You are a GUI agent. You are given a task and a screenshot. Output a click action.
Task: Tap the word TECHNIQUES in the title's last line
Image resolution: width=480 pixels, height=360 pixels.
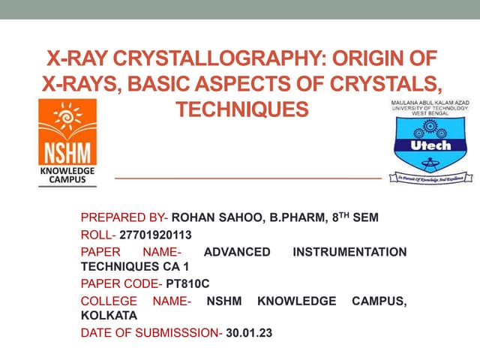coord(241,109)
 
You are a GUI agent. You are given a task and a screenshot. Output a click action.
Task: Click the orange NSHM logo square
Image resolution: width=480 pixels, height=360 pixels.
coord(68,132)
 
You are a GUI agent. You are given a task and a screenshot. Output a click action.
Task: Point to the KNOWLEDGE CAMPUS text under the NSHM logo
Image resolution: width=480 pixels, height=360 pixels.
coord(67,175)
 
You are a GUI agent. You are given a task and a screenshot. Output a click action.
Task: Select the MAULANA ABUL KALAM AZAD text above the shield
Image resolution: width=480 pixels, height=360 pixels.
coord(429,101)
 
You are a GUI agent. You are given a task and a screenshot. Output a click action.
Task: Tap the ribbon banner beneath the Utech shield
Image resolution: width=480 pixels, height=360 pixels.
coord(430,178)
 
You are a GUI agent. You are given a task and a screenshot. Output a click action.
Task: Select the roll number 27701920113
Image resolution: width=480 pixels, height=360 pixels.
coord(160,235)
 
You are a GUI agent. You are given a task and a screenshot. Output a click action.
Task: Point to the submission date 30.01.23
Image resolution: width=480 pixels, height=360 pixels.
coord(249,333)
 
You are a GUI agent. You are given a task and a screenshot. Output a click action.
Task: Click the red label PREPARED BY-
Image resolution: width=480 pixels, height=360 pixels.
coord(124,218)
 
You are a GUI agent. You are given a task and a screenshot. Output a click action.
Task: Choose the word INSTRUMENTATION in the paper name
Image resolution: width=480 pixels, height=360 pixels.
coord(349,252)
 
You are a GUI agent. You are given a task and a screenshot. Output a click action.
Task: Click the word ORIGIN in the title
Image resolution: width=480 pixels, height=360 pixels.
coord(382,57)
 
